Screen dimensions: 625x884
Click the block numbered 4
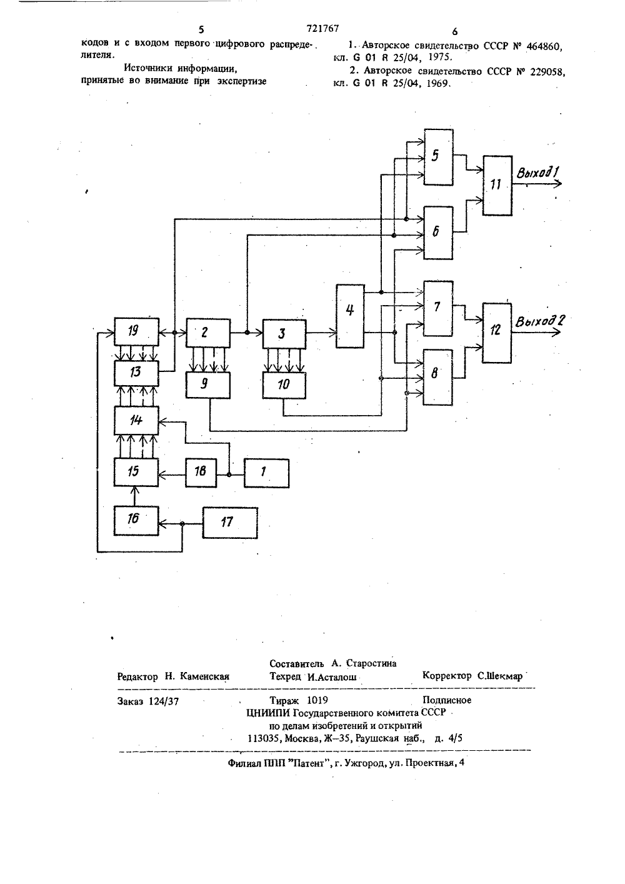(x=350, y=316)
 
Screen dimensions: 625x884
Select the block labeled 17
(x=230, y=523)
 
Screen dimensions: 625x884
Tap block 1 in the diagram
(x=266, y=473)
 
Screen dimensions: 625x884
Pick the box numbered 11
(x=497, y=186)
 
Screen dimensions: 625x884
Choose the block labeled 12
(x=497, y=333)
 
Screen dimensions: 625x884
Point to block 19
(x=136, y=331)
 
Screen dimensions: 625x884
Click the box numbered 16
(x=136, y=521)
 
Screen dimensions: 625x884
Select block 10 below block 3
(x=284, y=385)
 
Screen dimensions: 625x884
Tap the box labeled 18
(x=201, y=473)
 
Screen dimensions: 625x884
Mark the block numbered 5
(x=438, y=157)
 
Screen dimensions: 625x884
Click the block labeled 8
(x=438, y=377)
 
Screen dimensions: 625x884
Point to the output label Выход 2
(x=540, y=321)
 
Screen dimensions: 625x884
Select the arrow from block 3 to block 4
(x=321, y=333)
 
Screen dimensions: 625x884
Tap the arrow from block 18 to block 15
(x=172, y=475)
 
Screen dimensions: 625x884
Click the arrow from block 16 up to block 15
(x=134, y=496)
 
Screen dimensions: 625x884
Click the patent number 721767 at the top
(x=322, y=28)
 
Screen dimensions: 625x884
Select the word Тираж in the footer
(x=284, y=700)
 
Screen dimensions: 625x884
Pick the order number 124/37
(x=164, y=701)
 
